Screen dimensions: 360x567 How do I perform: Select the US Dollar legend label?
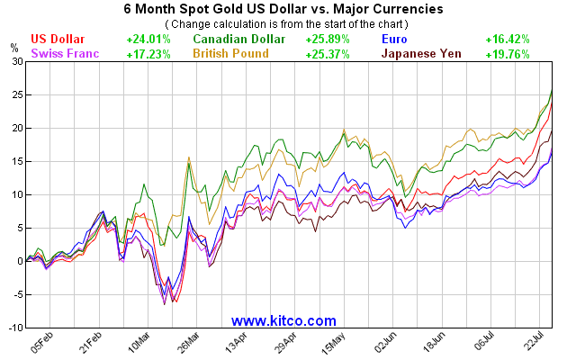click(x=58, y=40)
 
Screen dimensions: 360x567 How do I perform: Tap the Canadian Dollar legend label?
click(x=239, y=40)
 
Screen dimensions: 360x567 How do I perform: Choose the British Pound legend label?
click(x=235, y=54)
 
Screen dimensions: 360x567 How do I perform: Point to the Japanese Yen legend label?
click(x=421, y=54)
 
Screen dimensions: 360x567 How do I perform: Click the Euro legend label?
click(x=395, y=40)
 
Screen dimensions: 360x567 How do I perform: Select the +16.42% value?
click(x=507, y=40)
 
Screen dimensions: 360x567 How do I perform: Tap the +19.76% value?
click(x=507, y=54)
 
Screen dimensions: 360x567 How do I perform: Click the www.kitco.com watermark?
click(x=283, y=320)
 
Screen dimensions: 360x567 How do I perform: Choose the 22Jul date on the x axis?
click(x=535, y=343)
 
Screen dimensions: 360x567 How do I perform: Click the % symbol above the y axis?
click(x=13, y=46)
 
